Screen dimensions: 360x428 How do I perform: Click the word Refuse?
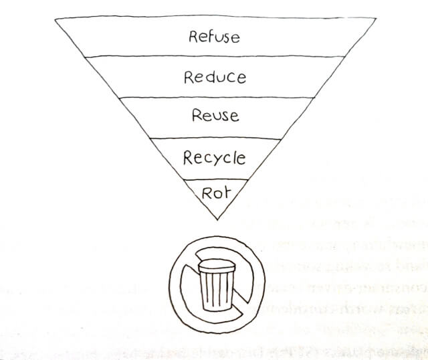214,36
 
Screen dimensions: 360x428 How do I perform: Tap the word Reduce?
215,77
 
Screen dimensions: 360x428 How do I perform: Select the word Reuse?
215,115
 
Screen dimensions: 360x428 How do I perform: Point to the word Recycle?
214,159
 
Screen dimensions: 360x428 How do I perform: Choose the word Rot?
215,192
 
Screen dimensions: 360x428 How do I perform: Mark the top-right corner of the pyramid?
372,17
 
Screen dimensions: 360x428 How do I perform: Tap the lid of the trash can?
216,266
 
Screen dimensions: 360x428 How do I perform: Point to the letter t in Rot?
226,192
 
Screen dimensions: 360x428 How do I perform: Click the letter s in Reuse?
224,116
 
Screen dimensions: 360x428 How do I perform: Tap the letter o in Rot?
217,193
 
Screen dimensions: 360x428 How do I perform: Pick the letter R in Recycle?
189,158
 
